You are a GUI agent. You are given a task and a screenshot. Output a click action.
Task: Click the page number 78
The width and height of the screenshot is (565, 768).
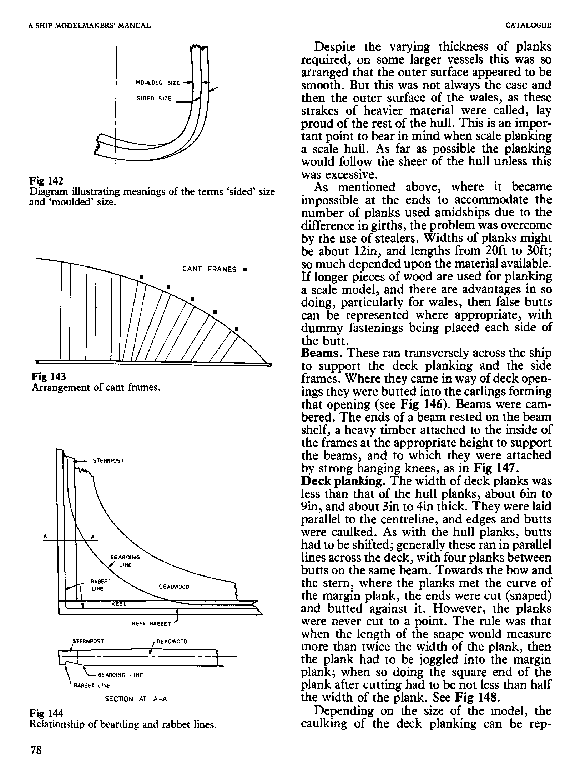point(36,750)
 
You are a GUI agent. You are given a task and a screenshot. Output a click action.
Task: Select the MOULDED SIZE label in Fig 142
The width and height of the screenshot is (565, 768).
point(158,83)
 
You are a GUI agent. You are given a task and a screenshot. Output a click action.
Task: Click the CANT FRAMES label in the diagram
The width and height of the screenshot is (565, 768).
point(209,269)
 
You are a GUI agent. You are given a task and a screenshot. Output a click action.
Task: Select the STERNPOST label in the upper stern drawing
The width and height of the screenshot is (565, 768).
point(108,461)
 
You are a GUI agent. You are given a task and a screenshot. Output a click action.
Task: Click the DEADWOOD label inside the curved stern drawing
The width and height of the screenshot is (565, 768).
point(174,587)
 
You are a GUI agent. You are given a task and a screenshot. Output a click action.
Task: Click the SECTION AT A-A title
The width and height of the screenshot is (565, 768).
point(136,699)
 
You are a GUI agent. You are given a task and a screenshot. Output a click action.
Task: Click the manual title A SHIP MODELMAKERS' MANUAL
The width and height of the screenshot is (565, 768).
point(90,25)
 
